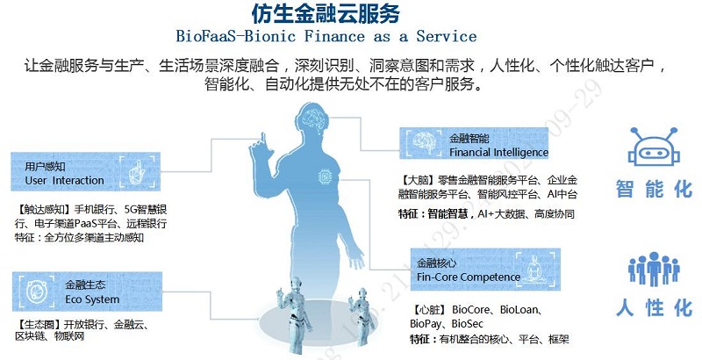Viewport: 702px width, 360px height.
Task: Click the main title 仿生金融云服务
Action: [326, 13]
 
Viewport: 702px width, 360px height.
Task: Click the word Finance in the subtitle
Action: [334, 36]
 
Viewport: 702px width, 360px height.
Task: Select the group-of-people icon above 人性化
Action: [654, 269]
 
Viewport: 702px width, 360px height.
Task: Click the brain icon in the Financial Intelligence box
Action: [423, 142]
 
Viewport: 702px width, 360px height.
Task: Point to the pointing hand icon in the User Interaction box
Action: [137, 172]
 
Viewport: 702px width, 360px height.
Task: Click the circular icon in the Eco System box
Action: [37, 292]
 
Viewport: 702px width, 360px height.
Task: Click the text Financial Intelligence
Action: [498, 152]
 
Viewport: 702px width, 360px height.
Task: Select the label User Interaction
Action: [64, 181]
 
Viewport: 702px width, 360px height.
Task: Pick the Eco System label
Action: [92, 299]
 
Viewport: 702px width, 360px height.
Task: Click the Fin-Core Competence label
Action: [469, 277]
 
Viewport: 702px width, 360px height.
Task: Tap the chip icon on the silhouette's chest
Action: [325, 176]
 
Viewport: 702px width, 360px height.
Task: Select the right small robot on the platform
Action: [361, 316]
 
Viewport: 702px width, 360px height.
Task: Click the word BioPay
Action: [425, 324]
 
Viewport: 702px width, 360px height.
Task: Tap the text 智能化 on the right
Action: [654, 189]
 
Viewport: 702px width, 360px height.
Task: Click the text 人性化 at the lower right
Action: [654, 308]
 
